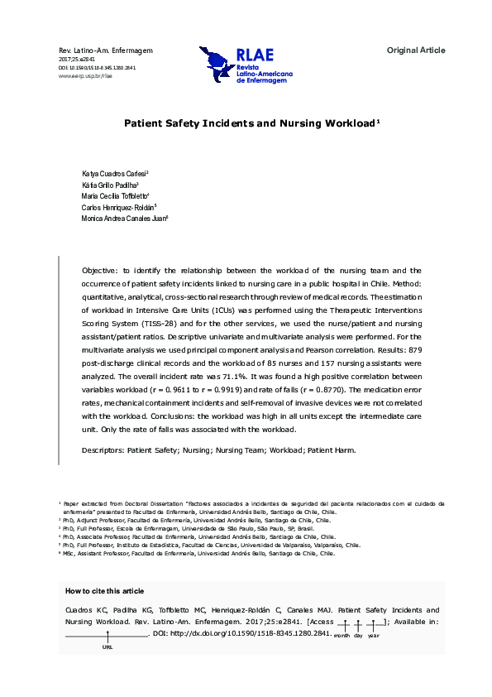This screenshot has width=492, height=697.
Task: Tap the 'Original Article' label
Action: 416,50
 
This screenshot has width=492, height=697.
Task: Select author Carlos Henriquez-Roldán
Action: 114,207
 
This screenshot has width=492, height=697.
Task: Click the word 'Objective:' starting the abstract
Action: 100,271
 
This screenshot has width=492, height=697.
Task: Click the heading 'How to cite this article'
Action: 104,590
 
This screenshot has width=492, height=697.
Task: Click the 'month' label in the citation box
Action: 342,635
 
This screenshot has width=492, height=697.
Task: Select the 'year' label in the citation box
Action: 374,635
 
